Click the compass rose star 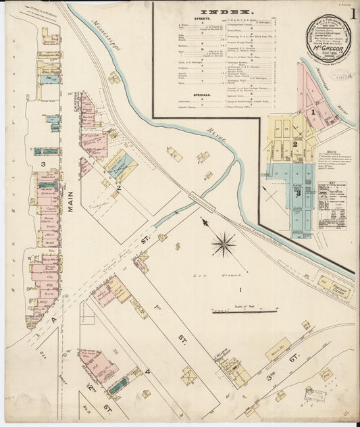pos(224,244)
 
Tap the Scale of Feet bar pos(243,311)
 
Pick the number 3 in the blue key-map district pos(298,193)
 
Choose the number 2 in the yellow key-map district pos(294,144)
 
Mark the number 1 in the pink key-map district pos(312,111)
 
